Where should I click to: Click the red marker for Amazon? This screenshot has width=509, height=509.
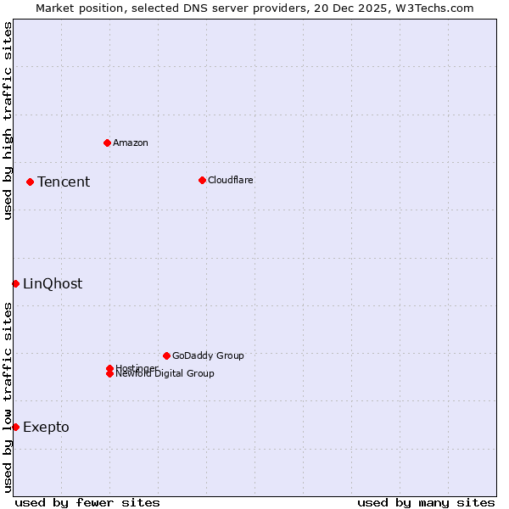pos(107,143)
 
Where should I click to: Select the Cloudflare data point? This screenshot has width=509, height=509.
pos(202,180)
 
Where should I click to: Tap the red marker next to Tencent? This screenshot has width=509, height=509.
pos(30,182)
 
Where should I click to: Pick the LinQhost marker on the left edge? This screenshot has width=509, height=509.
pos(15,283)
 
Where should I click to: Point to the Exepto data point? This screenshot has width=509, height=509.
pos(15,427)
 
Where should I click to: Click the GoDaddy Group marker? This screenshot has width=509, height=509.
pos(166,355)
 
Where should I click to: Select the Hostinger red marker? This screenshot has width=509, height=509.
pos(109,368)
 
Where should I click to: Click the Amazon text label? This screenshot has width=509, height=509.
pos(131,143)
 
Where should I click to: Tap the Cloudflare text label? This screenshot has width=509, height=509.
pos(231,180)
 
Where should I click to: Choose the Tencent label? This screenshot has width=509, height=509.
pos(64,182)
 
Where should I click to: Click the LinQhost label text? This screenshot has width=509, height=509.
pos(53,283)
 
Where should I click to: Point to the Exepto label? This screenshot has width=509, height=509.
pos(46,427)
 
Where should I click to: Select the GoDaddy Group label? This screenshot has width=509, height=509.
pos(208,355)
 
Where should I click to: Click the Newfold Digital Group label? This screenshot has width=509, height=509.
pos(165,374)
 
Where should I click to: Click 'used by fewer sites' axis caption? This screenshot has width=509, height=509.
pos(87,502)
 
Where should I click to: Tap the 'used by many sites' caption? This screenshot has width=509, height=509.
pos(426,502)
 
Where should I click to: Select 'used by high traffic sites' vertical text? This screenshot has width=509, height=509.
pos(8,120)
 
